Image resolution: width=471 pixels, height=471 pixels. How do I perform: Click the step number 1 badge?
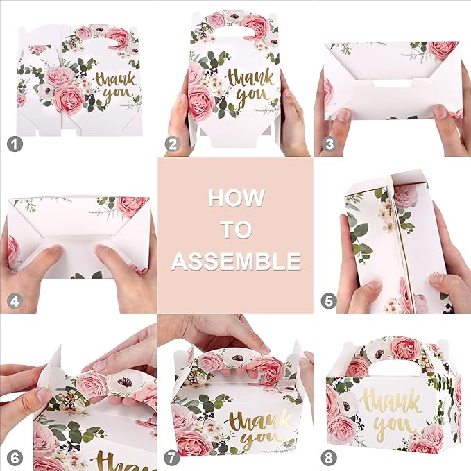(12, 144)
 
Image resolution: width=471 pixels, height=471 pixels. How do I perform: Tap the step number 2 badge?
(171, 144)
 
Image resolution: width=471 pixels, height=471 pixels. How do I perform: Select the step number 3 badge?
(329, 144)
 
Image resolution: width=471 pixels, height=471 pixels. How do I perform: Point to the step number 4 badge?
(12, 301)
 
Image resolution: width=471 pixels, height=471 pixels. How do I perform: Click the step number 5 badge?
(329, 301)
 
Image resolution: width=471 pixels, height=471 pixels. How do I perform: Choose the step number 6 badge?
(12, 458)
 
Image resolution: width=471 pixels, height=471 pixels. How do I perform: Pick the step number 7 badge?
(171, 458)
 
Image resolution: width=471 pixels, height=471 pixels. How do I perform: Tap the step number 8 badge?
(329, 458)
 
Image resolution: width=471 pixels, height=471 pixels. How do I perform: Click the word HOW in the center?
(236, 198)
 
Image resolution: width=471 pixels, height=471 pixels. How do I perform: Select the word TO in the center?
(236, 230)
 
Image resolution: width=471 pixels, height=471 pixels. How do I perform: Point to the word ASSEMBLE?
(236, 262)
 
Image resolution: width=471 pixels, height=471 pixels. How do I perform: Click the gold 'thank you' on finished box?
(391, 410)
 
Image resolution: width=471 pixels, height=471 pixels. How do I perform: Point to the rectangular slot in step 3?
(391, 84)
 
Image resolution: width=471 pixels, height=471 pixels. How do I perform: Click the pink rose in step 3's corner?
(441, 49)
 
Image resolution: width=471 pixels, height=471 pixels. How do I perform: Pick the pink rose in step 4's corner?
(132, 205)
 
